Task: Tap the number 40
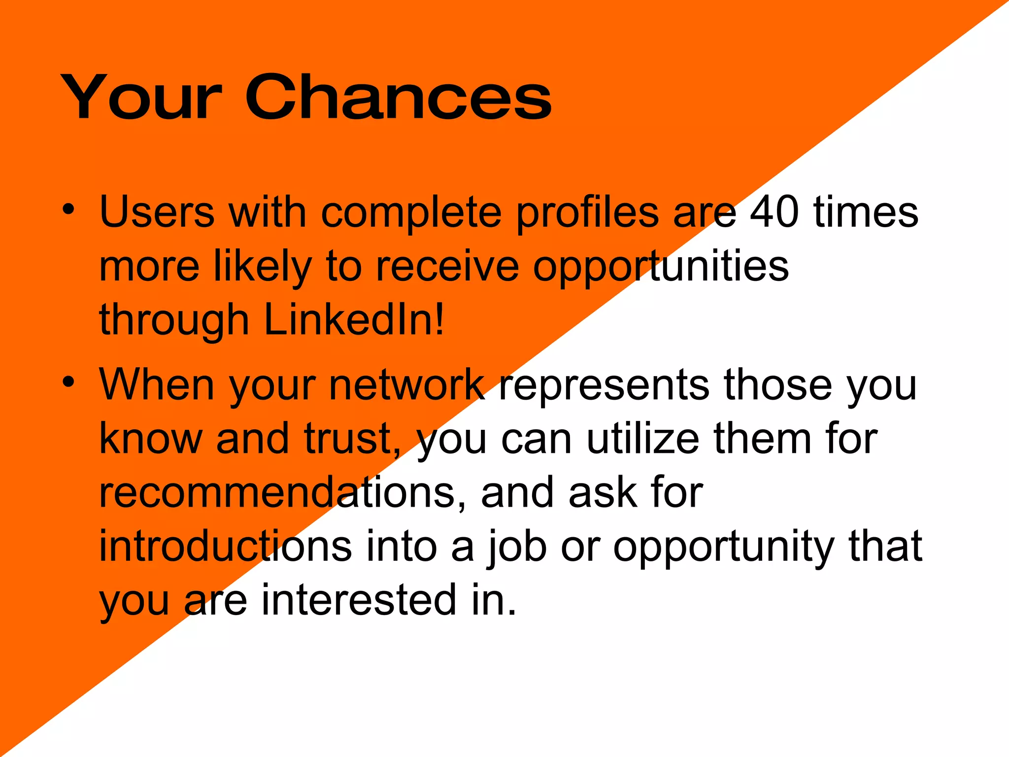(774, 212)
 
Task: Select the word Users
(157, 212)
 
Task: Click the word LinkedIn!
(354, 319)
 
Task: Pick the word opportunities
(661, 267)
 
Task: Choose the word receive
(447, 267)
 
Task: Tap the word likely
(263, 267)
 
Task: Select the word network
(407, 384)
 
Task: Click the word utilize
(643, 438)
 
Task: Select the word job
(517, 547)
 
